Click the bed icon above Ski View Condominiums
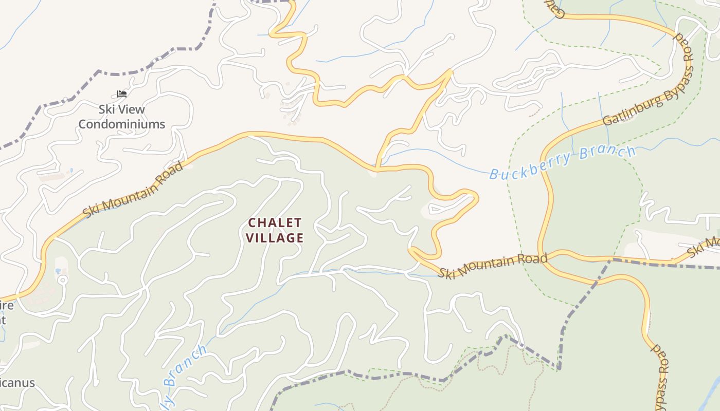(x=122, y=94)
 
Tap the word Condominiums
(x=122, y=124)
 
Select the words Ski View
(x=122, y=109)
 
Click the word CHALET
(x=275, y=223)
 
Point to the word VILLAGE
(x=275, y=238)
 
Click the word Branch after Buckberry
(x=607, y=153)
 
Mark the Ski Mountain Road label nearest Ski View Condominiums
(x=133, y=189)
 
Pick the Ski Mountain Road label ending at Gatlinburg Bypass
(x=492, y=265)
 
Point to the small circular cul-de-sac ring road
(x=62, y=281)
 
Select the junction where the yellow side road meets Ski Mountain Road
(x=377, y=168)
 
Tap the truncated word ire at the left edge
(x=6, y=306)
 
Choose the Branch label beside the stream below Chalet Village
(x=185, y=366)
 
